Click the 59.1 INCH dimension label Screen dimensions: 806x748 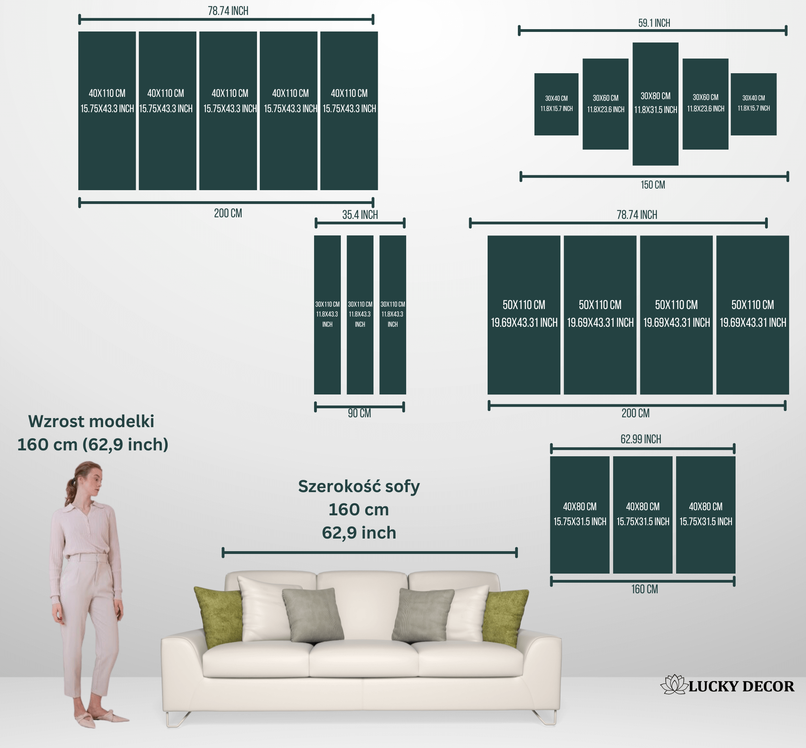(x=654, y=23)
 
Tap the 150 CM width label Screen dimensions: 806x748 (x=653, y=185)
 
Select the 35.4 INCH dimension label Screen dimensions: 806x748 (x=360, y=215)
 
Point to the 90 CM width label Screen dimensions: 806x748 (x=359, y=413)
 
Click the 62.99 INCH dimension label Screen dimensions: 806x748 (x=641, y=439)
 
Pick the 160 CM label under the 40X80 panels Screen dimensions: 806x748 (x=645, y=589)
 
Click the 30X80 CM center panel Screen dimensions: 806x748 (x=656, y=104)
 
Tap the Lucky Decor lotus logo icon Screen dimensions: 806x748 (x=674, y=685)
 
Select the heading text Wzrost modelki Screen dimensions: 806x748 (x=91, y=421)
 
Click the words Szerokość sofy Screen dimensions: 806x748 (x=359, y=487)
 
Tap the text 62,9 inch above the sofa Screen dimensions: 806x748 (x=359, y=533)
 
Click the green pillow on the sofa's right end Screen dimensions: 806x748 (x=505, y=618)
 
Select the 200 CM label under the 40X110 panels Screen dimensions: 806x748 (x=228, y=213)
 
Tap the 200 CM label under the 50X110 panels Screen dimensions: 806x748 (x=635, y=413)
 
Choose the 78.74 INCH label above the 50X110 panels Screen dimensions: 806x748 (x=636, y=215)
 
